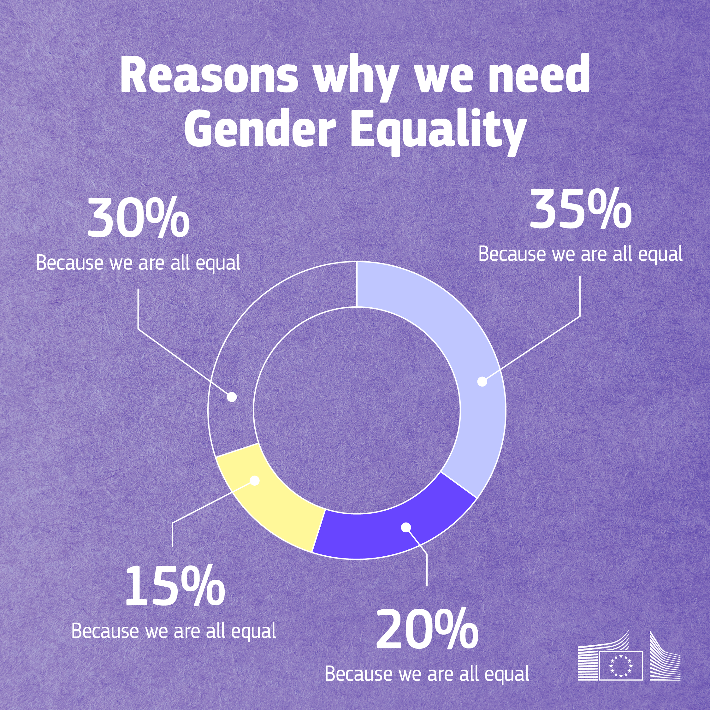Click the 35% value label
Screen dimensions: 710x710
[x=580, y=212]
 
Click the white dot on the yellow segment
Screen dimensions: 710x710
[x=254, y=481]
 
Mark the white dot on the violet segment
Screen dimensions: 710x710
[x=406, y=527]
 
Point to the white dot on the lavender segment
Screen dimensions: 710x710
[x=482, y=382]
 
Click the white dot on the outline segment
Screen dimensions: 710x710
[x=232, y=397]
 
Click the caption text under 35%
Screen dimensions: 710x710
[x=580, y=254]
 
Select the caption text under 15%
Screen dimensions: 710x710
[x=174, y=631]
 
